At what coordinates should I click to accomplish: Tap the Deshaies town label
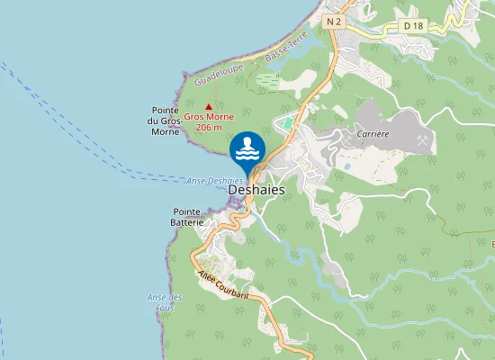pyautogui.click(x=256, y=191)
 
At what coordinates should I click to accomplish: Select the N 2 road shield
pyautogui.click(x=336, y=21)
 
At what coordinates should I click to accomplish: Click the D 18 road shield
pyautogui.click(x=414, y=26)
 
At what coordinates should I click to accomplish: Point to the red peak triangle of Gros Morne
pyautogui.click(x=210, y=106)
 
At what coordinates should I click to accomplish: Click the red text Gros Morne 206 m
pyautogui.click(x=209, y=122)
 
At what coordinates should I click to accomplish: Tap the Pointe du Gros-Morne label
pyautogui.click(x=166, y=121)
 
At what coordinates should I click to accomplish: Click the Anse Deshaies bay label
pyautogui.click(x=214, y=181)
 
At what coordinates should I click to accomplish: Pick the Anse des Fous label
pyautogui.click(x=165, y=302)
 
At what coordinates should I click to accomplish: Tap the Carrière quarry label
pyautogui.click(x=373, y=132)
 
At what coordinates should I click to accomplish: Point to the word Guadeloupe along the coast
pyautogui.click(x=220, y=70)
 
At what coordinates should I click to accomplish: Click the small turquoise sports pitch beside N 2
pyautogui.click(x=286, y=122)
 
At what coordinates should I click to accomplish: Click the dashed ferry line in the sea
pyautogui.click(x=90, y=135)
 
